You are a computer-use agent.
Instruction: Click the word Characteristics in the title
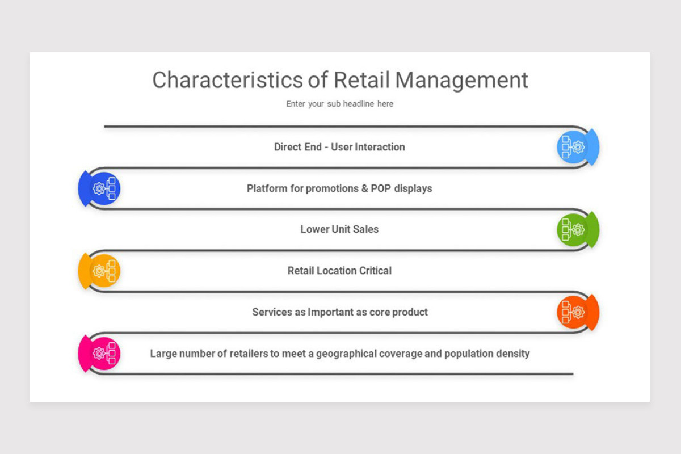click(228, 80)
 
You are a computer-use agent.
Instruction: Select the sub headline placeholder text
click(339, 104)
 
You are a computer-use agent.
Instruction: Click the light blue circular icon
click(574, 147)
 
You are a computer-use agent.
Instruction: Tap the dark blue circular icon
click(103, 188)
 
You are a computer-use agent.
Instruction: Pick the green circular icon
click(574, 230)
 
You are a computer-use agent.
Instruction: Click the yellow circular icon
click(103, 271)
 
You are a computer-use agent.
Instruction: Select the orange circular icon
click(574, 313)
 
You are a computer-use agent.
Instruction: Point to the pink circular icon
click(103, 354)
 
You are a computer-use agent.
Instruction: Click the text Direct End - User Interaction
click(339, 147)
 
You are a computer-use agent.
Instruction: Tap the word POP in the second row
click(381, 188)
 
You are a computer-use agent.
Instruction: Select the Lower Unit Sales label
click(339, 229)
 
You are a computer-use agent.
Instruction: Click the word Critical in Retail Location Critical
click(372, 271)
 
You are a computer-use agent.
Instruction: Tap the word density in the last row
click(512, 354)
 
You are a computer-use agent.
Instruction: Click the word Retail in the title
click(361, 80)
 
